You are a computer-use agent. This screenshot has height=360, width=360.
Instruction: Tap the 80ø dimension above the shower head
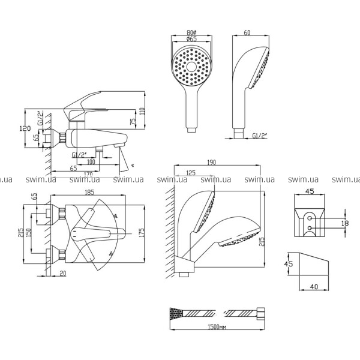click(x=193, y=34)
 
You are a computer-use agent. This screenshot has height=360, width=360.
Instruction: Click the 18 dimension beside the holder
click(x=344, y=223)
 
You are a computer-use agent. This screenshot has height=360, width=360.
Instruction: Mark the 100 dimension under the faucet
click(x=91, y=162)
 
